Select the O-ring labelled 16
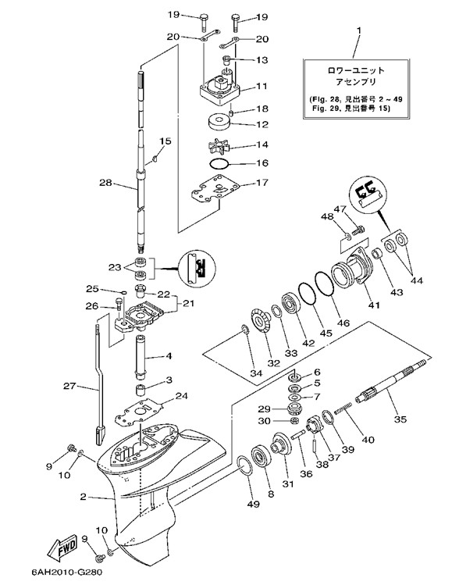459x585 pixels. (219, 163)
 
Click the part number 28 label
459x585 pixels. (105, 183)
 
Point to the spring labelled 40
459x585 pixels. (343, 408)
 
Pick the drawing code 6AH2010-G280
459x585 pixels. (64, 573)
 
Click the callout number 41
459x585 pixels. (374, 305)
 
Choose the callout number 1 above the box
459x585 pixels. (359, 30)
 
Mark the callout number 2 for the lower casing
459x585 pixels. (84, 497)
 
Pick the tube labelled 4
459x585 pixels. (142, 356)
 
